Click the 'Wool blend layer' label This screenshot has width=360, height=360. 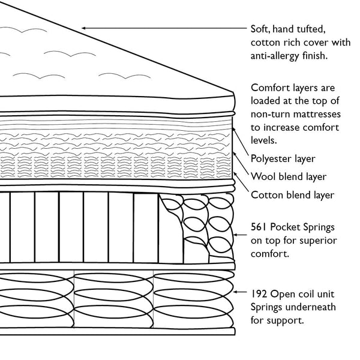[x=288, y=176]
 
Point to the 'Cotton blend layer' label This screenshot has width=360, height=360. [x=292, y=194]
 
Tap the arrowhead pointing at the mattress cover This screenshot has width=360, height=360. [x=85, y=28]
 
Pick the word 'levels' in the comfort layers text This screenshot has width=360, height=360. [x=265, y=140]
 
